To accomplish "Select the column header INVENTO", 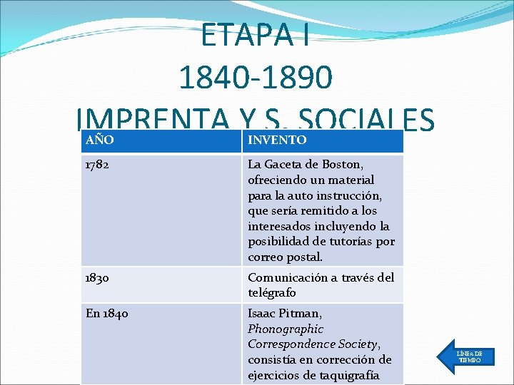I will pos(277,140).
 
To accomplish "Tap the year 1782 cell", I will pos(96,165).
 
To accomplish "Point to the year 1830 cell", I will pos(96,277).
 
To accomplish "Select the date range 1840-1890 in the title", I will pos(256,78).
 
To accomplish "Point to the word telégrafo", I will pos(272,293).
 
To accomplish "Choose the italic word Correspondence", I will pos(291,344).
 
